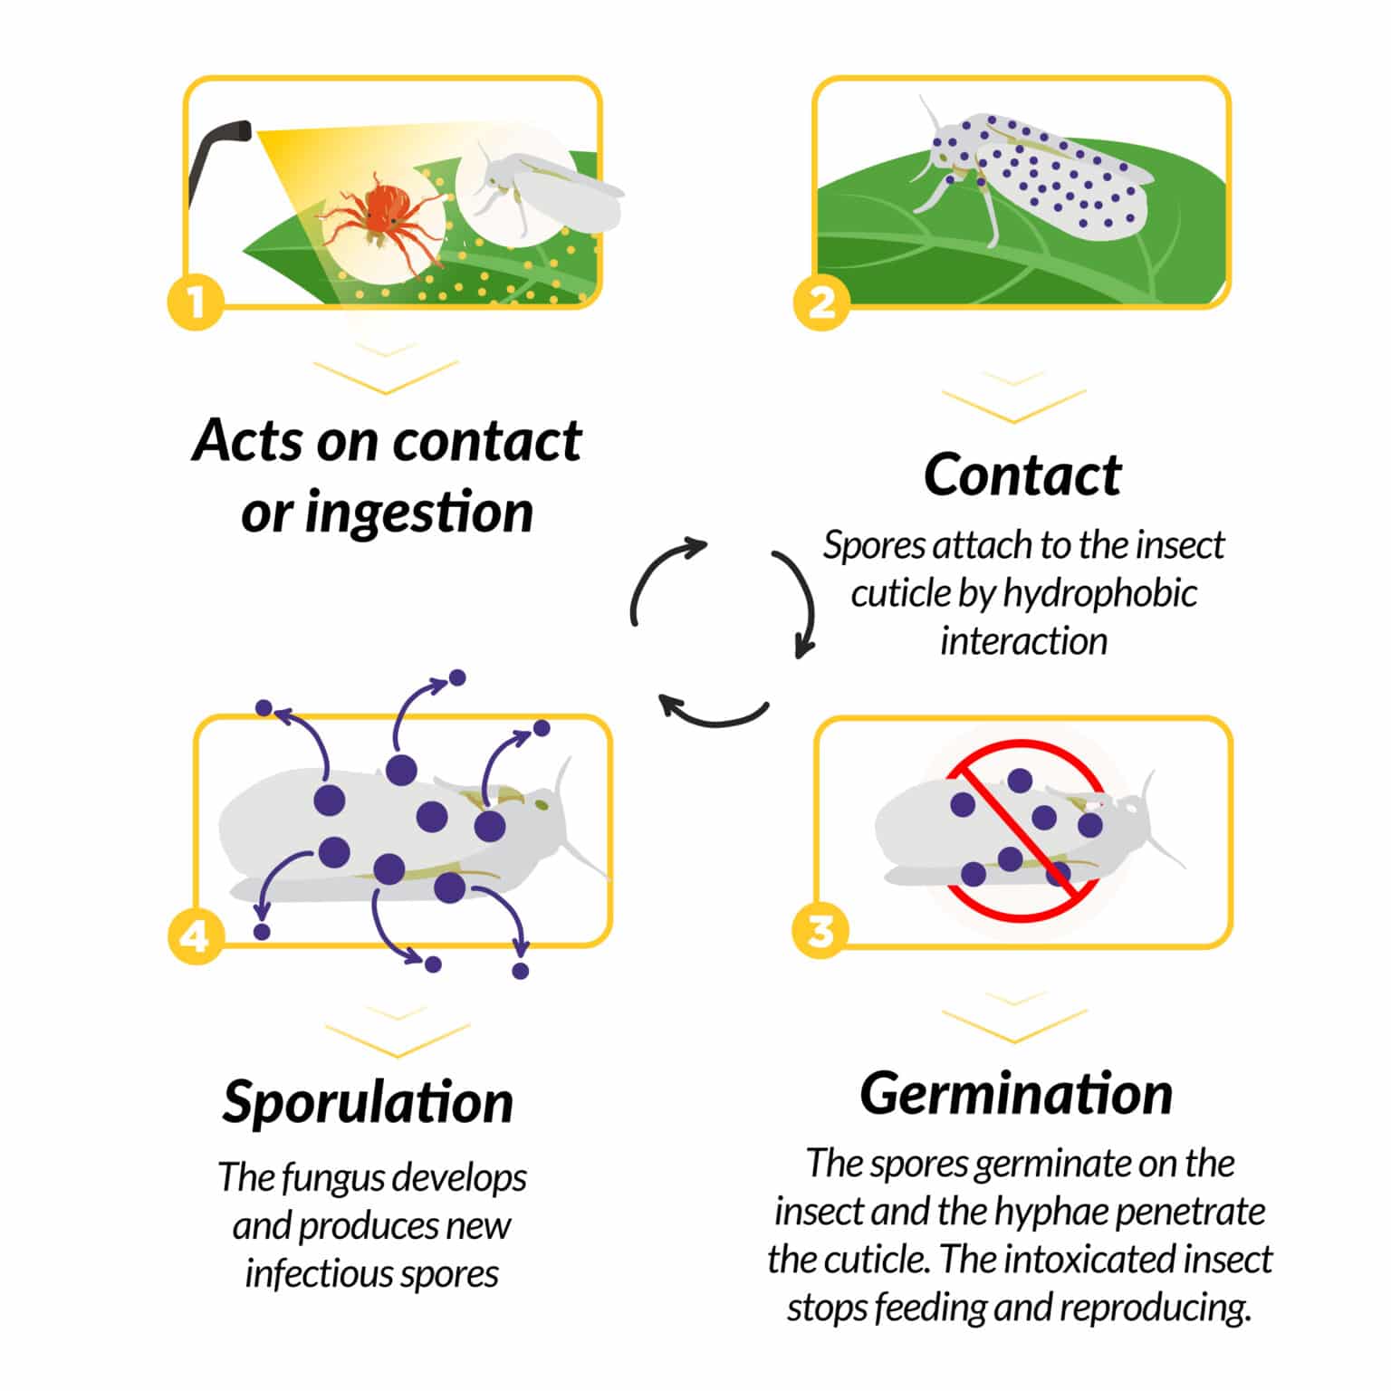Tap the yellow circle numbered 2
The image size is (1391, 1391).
point(821,302)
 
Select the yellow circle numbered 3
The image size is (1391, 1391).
point(820,931)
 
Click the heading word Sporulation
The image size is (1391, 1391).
point(368,1101)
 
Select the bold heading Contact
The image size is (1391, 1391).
point(1022,475)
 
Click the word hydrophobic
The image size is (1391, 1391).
point(1099,593)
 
